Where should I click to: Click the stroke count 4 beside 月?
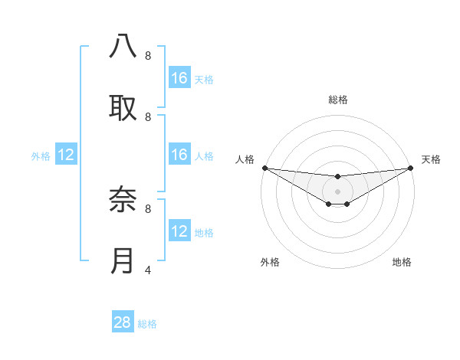[148, 269]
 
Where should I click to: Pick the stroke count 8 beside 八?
[148, 55]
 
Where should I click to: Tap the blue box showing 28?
[123, 322]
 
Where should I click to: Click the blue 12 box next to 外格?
[66, 155]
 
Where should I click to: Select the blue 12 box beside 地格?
[179, 232]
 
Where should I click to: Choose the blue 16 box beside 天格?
[179, 78]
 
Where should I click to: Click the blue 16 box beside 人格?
[179, 155]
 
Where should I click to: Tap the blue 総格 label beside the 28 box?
[147, 324]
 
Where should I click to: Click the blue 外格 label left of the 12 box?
[41, 156]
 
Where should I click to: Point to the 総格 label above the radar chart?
[337, 100]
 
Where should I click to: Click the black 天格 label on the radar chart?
[431, 159]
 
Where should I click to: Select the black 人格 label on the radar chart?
[245, 159]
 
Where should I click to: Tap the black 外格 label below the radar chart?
[270, 262]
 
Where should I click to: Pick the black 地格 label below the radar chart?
[402, 262]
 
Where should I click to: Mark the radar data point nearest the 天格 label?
[411, 168]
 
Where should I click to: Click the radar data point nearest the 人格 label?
[264, 168]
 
